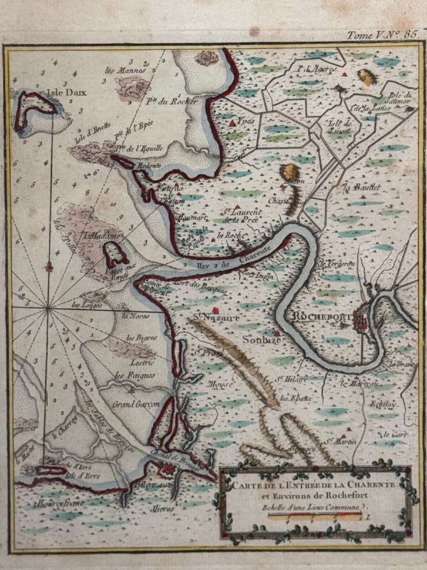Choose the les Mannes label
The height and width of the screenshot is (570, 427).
coord(126,71)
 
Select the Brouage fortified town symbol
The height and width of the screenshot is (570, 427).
coord(166,471)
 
